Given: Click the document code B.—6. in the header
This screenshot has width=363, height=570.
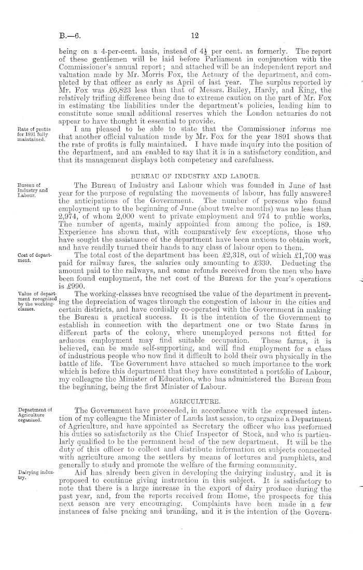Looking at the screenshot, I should click(69, 37).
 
